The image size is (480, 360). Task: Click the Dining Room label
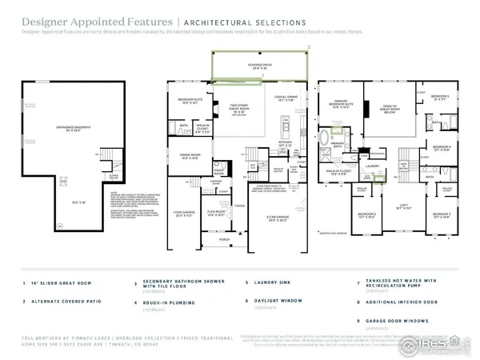190,156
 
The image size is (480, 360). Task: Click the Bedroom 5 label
440,97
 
